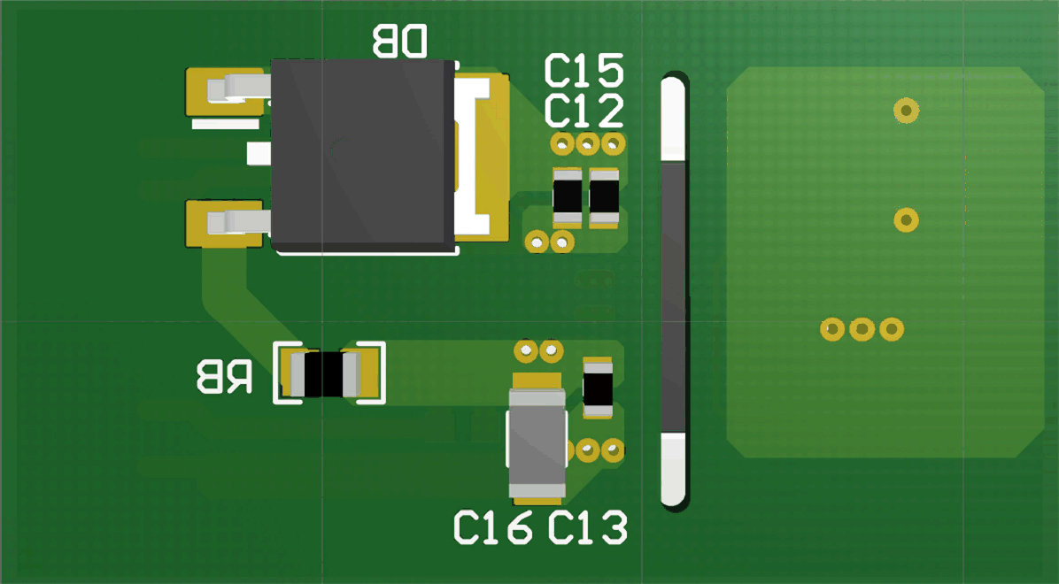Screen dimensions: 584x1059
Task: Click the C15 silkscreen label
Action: (584, 71)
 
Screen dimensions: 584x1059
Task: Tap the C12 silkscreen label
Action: (584, 112)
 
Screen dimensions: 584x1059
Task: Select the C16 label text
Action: (493, 527)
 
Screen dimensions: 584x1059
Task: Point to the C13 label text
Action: (587, 527)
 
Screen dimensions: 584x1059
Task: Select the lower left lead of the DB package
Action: (234, 220)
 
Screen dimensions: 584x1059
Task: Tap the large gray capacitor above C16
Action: (537, 442)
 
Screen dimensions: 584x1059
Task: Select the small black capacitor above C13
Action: (598, 388)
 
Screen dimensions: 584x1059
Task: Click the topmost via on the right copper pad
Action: (906, 110)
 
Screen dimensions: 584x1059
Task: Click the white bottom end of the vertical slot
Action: (674, 469)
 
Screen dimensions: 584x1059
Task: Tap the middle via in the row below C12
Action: (588, 142)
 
